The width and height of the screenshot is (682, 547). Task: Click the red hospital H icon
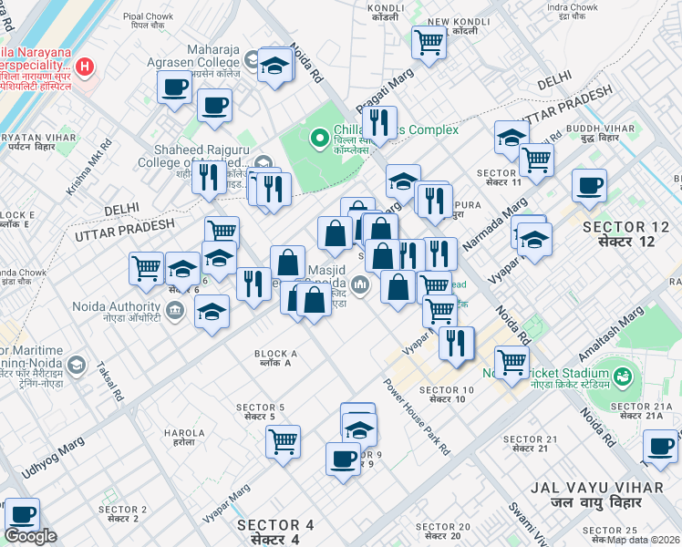[x=85, y=66]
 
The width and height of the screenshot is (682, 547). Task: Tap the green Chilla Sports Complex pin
[x=319, y=139]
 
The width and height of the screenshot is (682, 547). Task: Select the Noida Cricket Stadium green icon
[x=623, y=375]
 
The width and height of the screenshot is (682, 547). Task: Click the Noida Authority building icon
[x=176, y=311]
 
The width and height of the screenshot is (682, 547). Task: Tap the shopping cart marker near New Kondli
[x=429, y=40]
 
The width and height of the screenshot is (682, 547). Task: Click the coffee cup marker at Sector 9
[x=343, y=458]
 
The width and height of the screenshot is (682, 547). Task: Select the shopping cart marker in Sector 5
[x=284, y=441]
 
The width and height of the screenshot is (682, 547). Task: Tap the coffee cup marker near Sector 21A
[x=659, y=446]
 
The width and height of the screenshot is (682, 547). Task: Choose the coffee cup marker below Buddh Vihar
[x=589, y=185]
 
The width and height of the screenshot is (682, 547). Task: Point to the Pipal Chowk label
[x=147, y=19]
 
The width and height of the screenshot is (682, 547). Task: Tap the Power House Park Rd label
[x=417, y=417]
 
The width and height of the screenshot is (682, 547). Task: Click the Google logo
[x=30, y=536]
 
